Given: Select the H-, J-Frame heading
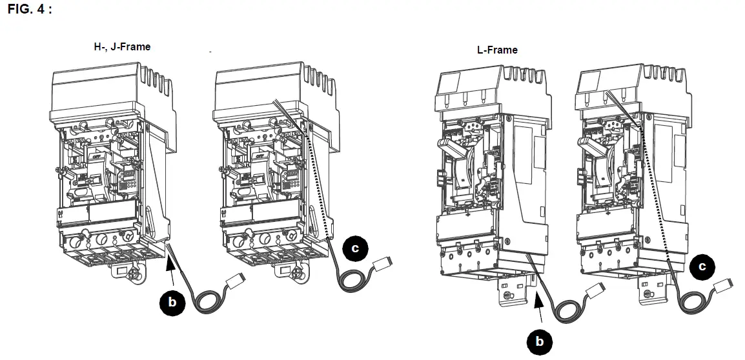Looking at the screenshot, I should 122,46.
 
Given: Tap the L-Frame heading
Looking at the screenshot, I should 496,50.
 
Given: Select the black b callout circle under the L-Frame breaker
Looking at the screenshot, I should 540,341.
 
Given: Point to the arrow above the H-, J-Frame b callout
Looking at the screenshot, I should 170,265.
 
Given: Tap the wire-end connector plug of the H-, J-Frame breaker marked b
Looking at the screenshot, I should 236,281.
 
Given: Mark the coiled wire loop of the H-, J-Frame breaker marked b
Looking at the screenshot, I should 209,301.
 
